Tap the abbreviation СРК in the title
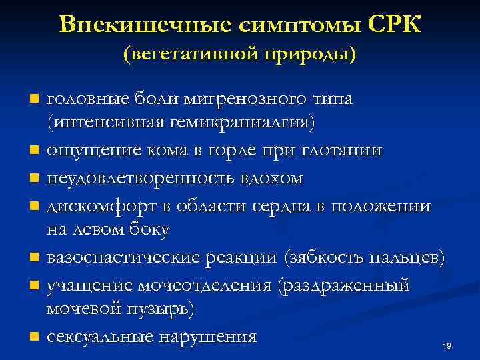(393, 24)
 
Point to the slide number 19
(447, 345)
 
